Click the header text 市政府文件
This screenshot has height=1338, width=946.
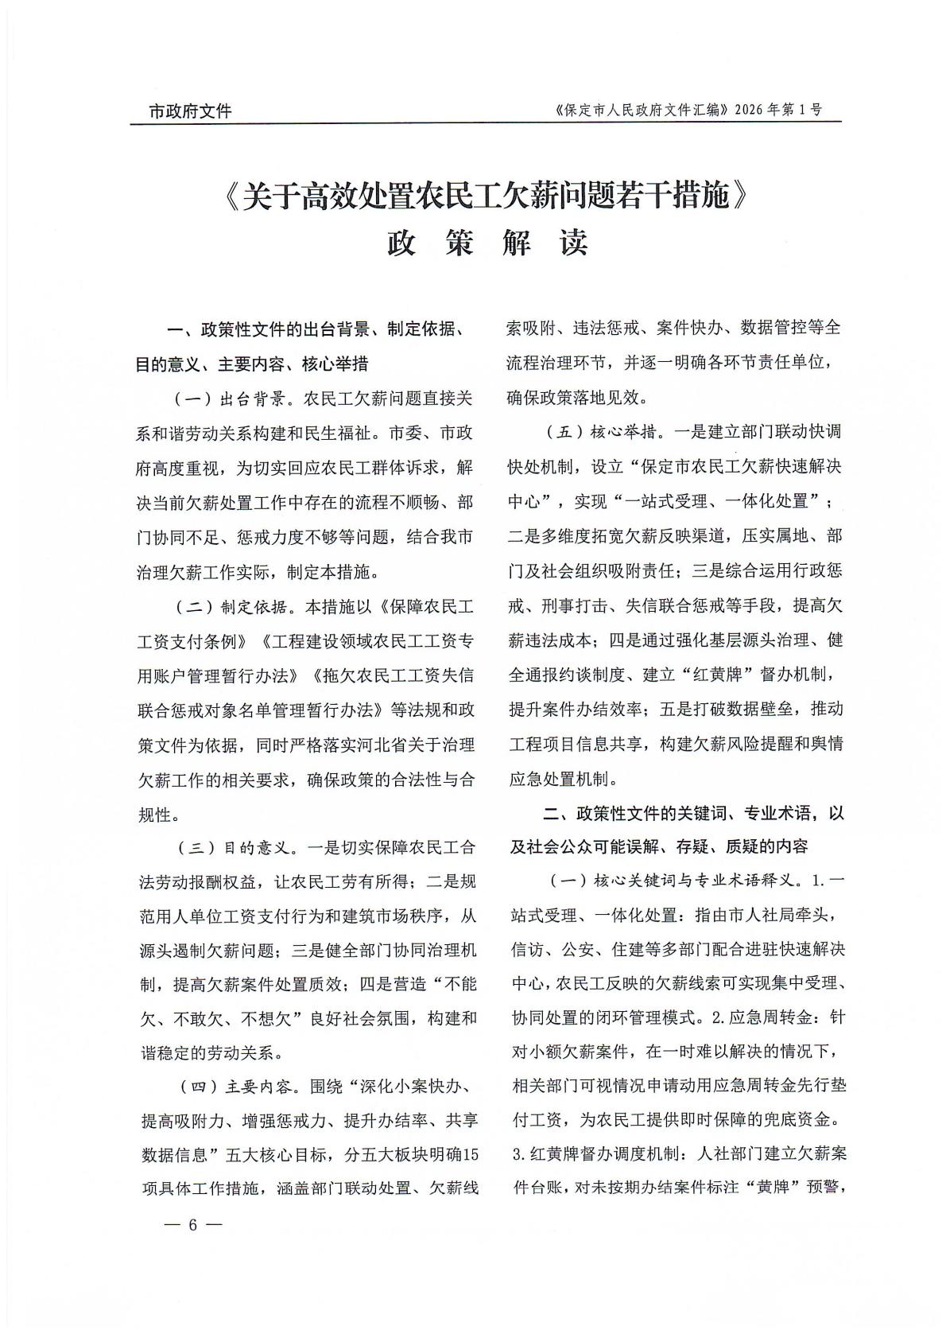pyautogui.click(x=190, y=111)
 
